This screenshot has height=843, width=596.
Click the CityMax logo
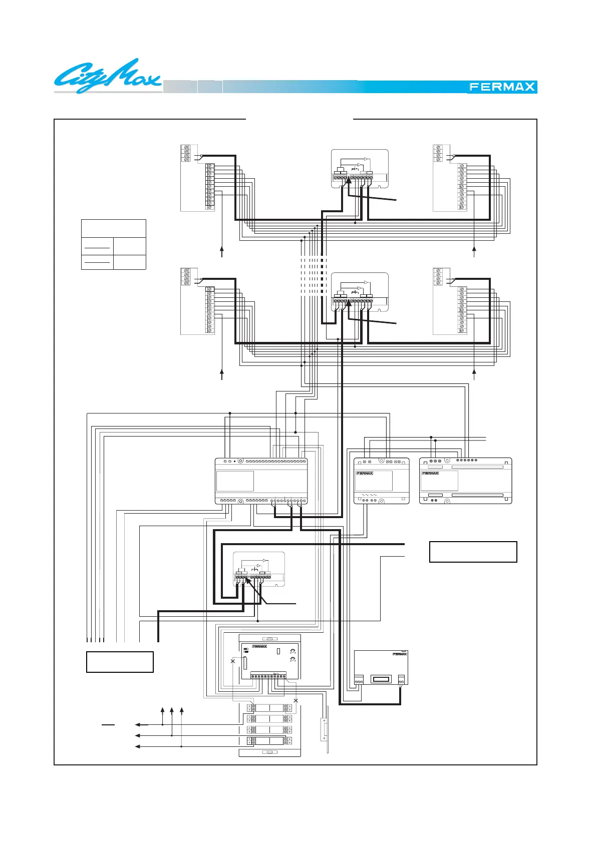click(x=108, y=77)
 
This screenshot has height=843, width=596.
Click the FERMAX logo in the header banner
click(x=502, y=87)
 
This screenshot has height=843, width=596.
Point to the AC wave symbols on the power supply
click(x=369, y=495)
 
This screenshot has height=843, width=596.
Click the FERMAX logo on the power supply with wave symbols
click(x=365, y=473)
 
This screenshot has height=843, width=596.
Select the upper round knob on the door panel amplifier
click(x=292, y=651)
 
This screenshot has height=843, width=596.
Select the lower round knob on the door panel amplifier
click(x=292, y=659)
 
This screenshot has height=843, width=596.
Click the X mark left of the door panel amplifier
click(x=232, y=661)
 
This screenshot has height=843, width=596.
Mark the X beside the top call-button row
click(x=295, y=700)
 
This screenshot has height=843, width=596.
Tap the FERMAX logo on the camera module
click(x=400, y=654)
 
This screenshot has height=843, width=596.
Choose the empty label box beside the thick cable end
click(x=473, y=552)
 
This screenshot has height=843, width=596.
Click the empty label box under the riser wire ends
click(x=120, y=662)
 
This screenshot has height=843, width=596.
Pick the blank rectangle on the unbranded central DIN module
click(x=235, y=481)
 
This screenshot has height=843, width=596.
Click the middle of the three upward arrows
click(x=172, y=711)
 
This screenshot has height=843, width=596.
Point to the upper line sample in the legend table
click(x=97, y=247)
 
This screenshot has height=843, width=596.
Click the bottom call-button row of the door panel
click(x=269, y=741)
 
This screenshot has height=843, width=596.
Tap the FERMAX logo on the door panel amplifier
click(x=259, y=646)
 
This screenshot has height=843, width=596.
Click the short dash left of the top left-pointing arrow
click(x=108, y=724)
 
